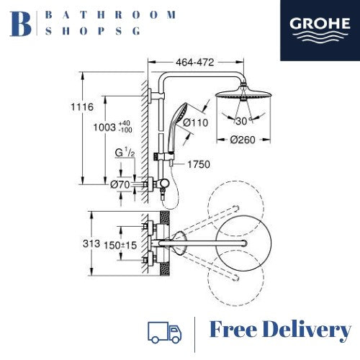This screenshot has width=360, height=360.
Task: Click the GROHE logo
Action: [320, 30]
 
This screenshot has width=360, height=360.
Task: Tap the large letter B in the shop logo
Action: [20, 24]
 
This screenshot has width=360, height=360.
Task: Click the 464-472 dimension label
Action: [194, 63]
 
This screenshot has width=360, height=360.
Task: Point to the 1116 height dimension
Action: [82, 107]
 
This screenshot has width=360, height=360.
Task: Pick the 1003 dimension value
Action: [104, 127]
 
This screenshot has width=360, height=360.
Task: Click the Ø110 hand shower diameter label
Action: [195, 122]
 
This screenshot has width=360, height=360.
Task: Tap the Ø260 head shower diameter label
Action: [243, 140]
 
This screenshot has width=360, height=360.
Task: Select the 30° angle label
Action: [243, 121]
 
